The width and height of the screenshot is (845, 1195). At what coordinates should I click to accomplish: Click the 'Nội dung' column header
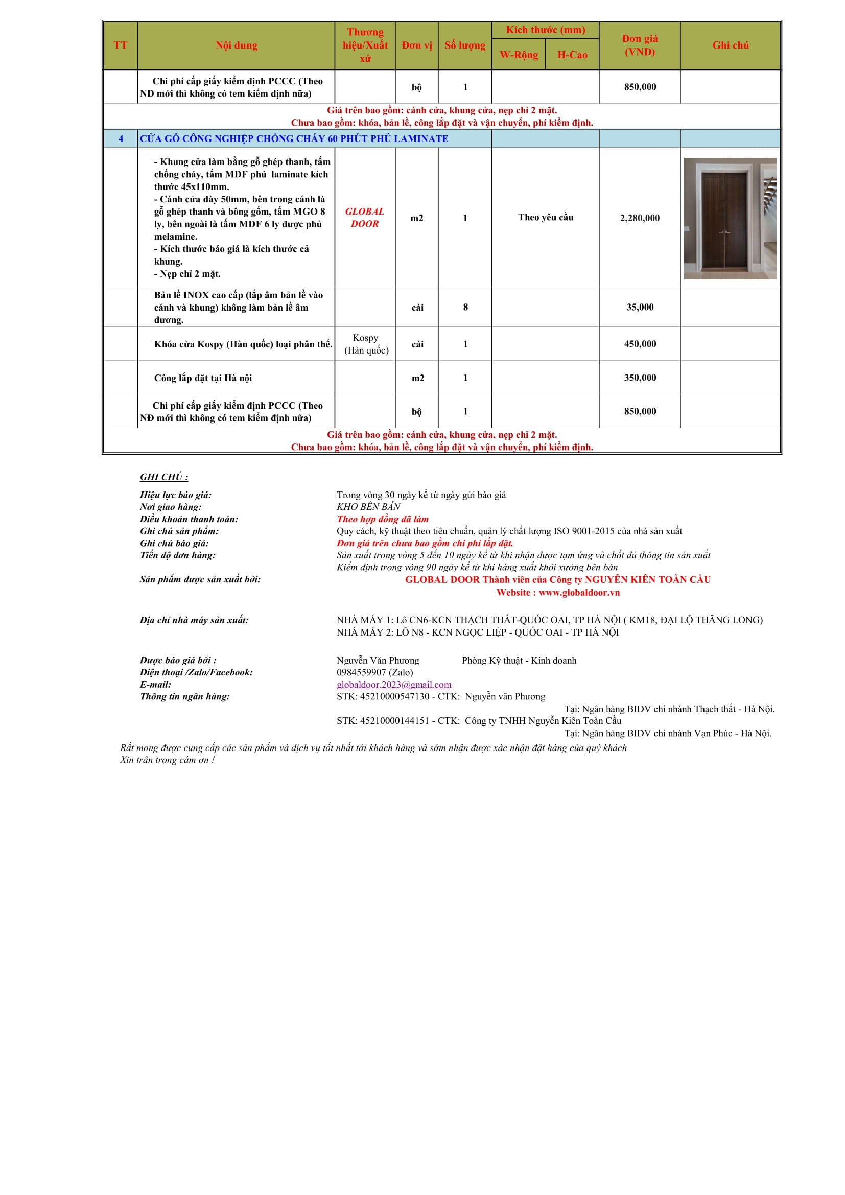(x=236, y=45)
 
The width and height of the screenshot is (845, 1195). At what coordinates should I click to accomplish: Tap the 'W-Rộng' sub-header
(x=519, y=55)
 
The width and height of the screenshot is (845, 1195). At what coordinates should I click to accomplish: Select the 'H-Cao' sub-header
(x=572, y=55)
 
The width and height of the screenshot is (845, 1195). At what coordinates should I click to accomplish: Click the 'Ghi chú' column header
(x=731, y=45)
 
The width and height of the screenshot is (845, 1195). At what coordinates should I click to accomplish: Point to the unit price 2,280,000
(x=640, y=218)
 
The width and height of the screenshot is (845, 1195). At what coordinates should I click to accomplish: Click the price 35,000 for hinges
(x=640, y=307)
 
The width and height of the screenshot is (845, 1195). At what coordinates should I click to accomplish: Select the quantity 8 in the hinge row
(x=465, y=307)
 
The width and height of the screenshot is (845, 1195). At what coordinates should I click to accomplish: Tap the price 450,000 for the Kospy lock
(x=640, y=344)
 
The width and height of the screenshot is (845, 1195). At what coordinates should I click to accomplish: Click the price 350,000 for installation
(x=640, y=378)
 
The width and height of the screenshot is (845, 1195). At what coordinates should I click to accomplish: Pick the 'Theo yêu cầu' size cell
(x=545, y=218)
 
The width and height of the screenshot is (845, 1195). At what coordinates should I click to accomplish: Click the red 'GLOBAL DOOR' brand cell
(x=365, y=218)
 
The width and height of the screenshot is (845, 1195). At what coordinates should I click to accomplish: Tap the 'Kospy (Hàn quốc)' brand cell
(x=366, y=344)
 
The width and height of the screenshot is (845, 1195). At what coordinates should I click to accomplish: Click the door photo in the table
(x=730, y=218)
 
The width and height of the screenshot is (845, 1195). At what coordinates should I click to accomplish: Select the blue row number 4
(x=121, y=139)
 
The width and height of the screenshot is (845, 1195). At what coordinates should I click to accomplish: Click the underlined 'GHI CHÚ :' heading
(x=164, y=477)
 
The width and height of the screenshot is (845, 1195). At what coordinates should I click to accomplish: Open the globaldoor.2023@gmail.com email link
(x=394, y=685)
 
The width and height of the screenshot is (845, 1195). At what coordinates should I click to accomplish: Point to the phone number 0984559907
(x=361, y=672)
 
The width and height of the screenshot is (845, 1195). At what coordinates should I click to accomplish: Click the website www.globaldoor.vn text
(x=579, y=592)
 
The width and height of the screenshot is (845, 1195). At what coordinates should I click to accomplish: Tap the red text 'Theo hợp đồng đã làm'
(x=383, y=519)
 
